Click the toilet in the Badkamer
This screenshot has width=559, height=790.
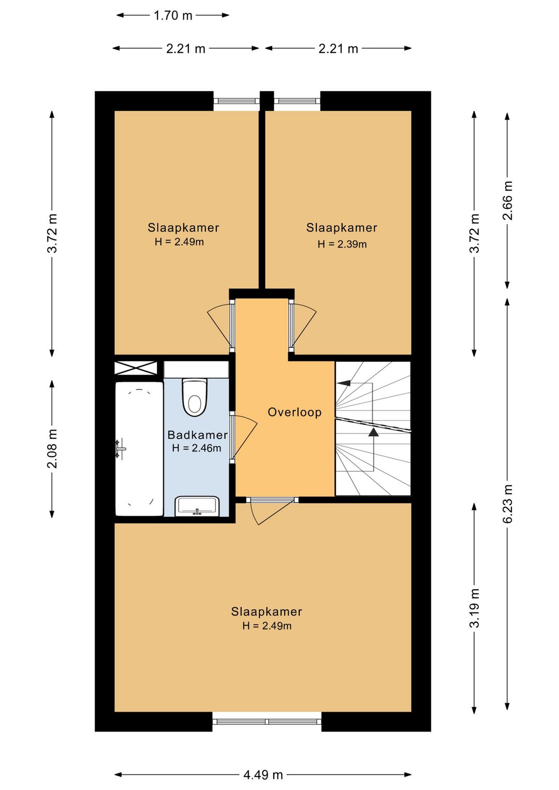(194, 398)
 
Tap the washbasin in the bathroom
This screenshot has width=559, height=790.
(198, 506)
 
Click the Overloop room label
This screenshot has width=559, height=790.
(295, 412)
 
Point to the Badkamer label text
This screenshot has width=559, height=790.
(198, 435)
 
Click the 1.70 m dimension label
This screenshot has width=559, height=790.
(173, 16)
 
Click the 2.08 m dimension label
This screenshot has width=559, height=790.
(52, 449)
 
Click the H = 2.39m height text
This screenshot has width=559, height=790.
(342, 244)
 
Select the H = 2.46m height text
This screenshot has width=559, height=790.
(197, 448)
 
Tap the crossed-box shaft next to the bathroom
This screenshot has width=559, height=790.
(136, 368)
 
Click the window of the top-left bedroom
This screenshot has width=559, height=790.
(237, 101)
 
